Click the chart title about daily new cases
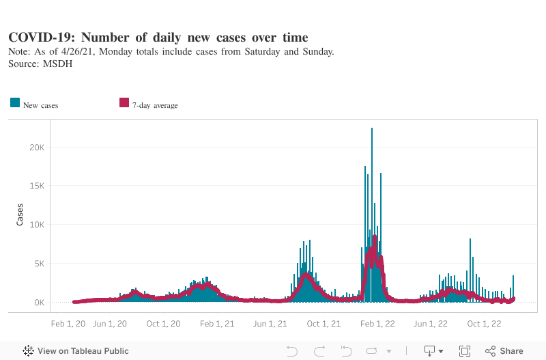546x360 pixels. click(x=158, y=38)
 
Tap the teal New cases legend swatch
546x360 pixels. click(x=14, y=103)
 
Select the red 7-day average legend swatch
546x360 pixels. click(x=124, y=103)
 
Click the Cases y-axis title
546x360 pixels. click(x=20, y=214)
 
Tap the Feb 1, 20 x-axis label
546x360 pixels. click(x=68, y=324)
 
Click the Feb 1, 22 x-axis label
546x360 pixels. click(x=377, y=324)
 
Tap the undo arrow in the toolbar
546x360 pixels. click(x=292, y=351)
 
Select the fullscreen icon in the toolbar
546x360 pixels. click(x=465, y=351)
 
